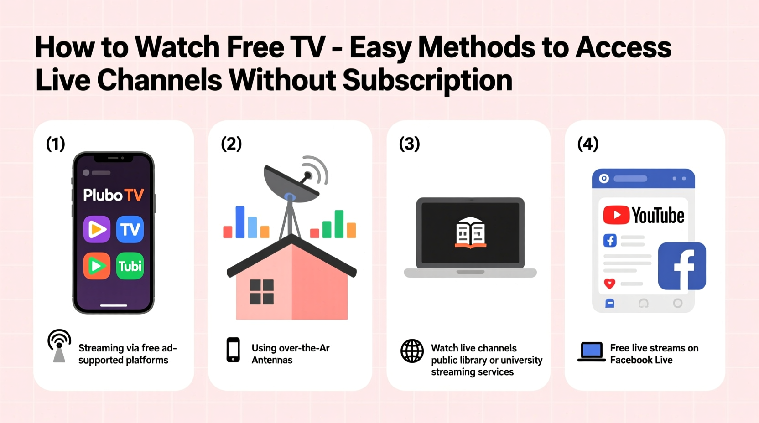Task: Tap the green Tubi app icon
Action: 130,266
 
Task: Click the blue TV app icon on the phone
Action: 130,229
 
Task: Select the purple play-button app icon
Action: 97,229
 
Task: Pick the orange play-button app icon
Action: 97,266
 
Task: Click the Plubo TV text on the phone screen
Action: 114,195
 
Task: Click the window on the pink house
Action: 262,292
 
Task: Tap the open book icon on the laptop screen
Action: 470,232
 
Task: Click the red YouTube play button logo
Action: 616,215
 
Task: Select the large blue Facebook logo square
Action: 682,266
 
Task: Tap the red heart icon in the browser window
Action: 609,284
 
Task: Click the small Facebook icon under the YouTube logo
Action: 610,240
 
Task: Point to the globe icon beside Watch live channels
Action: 412,351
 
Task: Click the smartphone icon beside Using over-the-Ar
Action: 233,350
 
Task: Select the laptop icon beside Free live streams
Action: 592,352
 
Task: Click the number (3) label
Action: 409,144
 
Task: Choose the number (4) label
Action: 587,144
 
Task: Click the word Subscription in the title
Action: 427,80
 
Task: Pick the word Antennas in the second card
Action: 272,360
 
